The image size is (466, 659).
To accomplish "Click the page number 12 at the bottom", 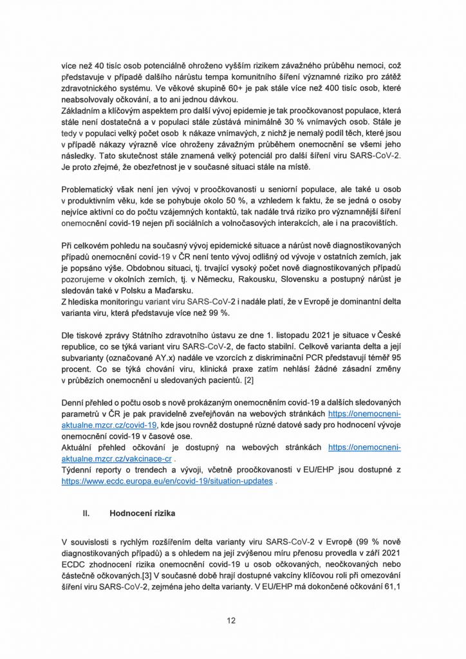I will (232, 620).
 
